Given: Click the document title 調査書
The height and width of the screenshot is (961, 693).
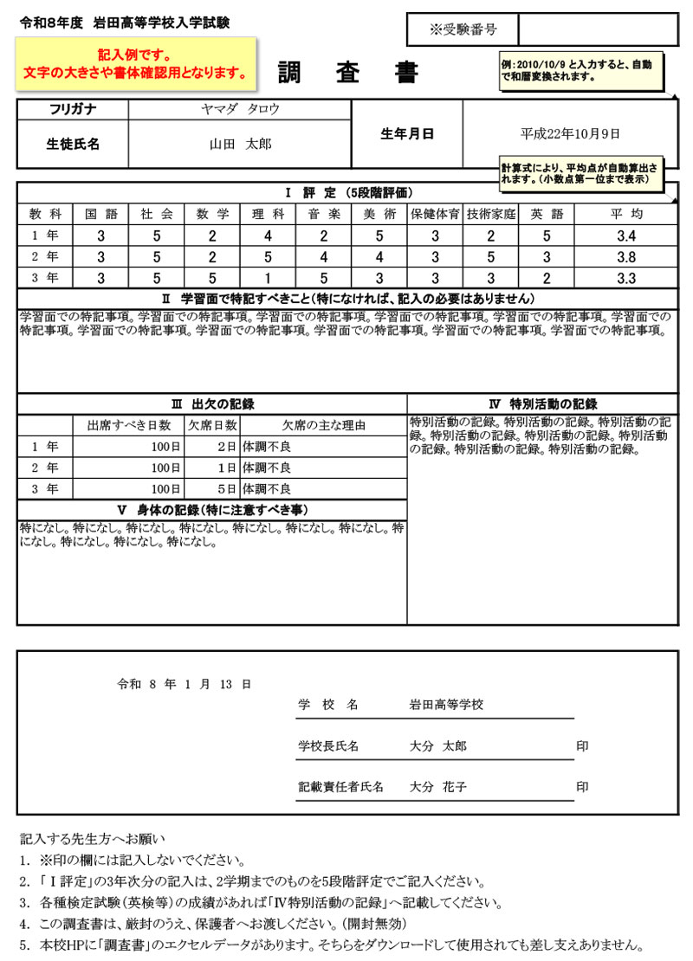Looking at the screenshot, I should [x=348, y=73].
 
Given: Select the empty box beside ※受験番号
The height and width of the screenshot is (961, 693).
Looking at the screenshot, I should [x=598, y=29].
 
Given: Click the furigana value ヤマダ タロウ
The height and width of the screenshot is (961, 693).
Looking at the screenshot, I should [x=240, y=110].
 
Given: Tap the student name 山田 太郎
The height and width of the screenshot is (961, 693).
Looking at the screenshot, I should [x=240, y=144].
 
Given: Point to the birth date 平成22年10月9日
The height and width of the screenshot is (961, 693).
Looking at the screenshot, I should [x=569, y=133].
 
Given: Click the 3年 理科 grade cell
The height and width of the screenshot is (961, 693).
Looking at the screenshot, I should [x=269, y=278].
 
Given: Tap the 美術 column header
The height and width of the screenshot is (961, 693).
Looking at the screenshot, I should [x=379, y=214].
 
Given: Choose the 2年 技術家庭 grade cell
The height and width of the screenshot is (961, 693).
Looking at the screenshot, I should [x=490, y=256].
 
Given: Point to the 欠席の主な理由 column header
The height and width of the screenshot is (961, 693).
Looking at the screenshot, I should [x=323, y=425].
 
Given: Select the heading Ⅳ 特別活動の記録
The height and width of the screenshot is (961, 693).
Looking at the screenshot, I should [x=542, y=403].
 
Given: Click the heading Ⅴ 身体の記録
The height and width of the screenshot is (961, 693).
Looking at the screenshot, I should [x=211, y=510].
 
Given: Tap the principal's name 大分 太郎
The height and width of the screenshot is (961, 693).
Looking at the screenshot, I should [x=437, y=745].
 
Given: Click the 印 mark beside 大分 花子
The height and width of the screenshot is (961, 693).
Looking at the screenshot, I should [x=582, y=787].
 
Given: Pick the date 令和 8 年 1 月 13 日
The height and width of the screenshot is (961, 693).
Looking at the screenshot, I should [x=185, y=684].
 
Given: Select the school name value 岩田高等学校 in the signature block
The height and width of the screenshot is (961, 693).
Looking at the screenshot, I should [x=446, y=705].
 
